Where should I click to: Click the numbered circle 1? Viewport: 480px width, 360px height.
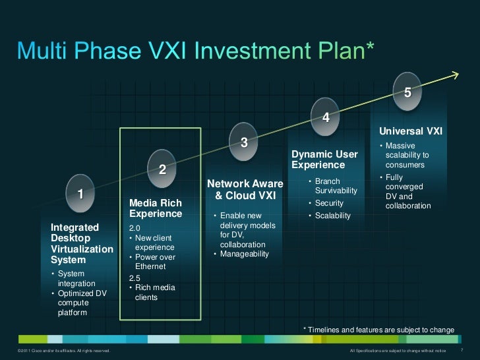coord(80,193)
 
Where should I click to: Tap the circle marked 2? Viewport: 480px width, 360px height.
coord(162,169)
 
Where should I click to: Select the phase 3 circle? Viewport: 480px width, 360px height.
coord(244,142)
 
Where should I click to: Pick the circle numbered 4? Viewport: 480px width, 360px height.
coord(326,117)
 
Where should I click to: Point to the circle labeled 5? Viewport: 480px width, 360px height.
coord(407,92)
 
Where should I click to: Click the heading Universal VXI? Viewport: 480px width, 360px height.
coord(410,131)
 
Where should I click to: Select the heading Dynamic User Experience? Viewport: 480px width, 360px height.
coord(324,160)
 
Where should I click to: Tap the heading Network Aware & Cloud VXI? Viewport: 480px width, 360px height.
coord(245,190)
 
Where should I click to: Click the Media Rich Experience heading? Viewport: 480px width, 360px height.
coord(156,208)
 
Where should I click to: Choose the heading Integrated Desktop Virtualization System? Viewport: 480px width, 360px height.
coord(82,244)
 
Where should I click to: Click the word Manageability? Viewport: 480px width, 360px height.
coord(244,254)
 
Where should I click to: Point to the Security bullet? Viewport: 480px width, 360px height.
coord(329,203)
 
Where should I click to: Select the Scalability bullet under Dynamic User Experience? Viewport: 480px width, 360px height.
coord(332,216)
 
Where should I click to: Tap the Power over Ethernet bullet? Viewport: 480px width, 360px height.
coord(155,262)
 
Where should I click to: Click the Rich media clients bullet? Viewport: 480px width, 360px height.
coord(155,292)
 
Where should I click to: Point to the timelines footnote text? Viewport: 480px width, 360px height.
coord(378,329)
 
